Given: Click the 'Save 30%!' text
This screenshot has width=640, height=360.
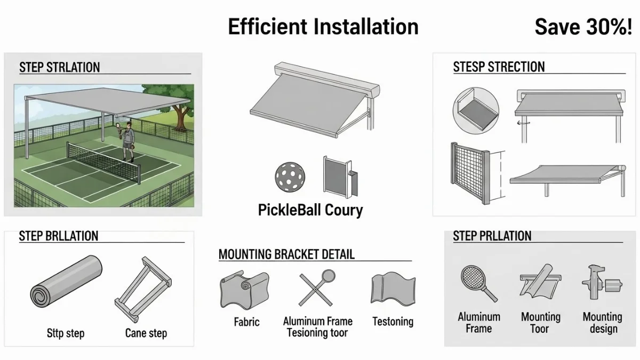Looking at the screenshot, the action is pos(583,27).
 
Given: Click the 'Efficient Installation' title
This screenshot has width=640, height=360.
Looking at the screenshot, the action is pos(323,27).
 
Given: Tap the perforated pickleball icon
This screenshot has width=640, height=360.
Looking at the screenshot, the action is pos(290,177).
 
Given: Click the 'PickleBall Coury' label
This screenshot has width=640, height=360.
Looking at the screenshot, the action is pos(310,210).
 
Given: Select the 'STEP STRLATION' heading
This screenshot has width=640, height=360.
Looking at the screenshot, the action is pos(59,67).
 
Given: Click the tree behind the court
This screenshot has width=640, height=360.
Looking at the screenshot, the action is pos(171,106).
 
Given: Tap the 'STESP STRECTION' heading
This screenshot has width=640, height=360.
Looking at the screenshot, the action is pos(499,67).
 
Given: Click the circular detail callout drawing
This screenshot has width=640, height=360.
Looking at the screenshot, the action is pos(476,110).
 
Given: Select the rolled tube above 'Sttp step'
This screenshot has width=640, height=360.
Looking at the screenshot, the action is pos(66,282).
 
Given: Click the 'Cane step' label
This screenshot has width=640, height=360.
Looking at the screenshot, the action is pos(146,333).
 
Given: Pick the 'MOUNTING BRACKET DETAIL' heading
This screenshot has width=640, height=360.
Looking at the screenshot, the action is pos(286,254).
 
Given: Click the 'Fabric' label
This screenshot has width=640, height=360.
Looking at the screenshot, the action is pos(246,322).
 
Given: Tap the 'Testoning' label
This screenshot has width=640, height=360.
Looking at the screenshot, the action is pos(393,322).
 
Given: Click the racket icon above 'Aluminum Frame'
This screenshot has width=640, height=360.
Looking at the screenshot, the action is pos(479,283).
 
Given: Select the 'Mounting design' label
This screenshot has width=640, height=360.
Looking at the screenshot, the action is pos(603,323).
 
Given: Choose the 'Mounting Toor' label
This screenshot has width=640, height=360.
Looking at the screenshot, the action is pos(541,323).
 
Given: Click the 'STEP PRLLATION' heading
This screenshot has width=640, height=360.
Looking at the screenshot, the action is pos(492,236).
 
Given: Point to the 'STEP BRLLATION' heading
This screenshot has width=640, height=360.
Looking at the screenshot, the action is pos(59,236).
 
